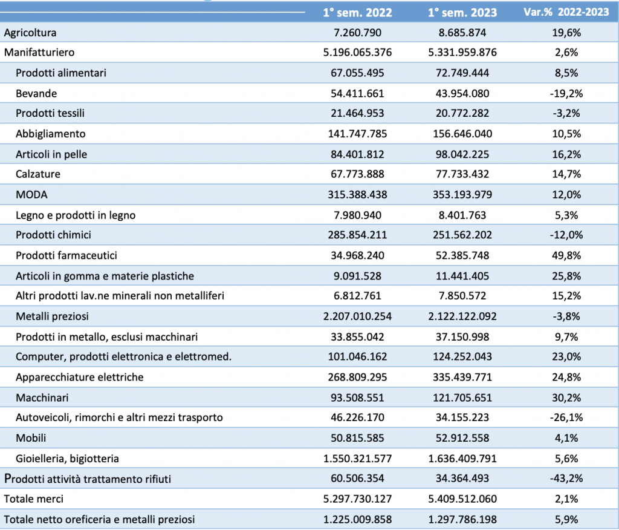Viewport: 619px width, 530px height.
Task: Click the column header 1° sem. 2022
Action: point(357,13)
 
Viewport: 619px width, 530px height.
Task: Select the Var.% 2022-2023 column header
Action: point(566,12)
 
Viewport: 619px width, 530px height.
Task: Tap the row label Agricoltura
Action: point(30,33)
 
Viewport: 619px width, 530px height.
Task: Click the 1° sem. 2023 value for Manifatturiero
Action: point(462,53)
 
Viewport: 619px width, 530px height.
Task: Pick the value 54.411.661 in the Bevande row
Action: point(357,94)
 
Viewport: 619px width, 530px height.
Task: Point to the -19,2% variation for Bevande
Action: point(566,94)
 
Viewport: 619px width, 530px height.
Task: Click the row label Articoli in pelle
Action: point(51,154)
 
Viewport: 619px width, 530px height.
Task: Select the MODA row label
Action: point(31,195)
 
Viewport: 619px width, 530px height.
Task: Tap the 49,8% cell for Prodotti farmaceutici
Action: point(566,256)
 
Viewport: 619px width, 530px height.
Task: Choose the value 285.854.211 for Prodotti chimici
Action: point(357,235)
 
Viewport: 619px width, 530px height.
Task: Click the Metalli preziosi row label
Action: point(52,316)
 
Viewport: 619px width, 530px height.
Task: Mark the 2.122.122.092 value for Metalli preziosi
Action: point(462,316)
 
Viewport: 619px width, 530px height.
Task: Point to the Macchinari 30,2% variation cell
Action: point(566,398)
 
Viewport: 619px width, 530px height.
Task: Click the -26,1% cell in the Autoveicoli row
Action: point(566,417)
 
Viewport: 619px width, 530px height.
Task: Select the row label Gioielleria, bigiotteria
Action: point(67,459)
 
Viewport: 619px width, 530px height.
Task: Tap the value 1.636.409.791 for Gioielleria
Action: point(462,459)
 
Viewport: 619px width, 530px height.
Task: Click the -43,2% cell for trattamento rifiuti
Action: point(566,479)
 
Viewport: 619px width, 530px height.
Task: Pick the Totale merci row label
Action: point(34,499)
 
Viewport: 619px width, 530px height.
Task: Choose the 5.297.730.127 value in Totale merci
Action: point(357,499)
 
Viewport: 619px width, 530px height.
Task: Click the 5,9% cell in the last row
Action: point(566,520)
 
